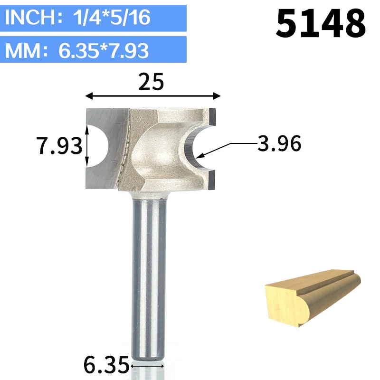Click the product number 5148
tap(321, 23)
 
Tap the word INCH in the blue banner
tap(31, 17)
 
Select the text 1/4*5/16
tap(112, 18)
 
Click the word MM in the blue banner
tap(23, 51)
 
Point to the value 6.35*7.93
tap(104, 51)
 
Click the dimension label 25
tap(151, 82)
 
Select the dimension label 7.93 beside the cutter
tap(59, 146)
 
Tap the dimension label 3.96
tap(279, 143)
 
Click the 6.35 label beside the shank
tap(106, 365)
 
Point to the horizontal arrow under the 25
tap(153, 96)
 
